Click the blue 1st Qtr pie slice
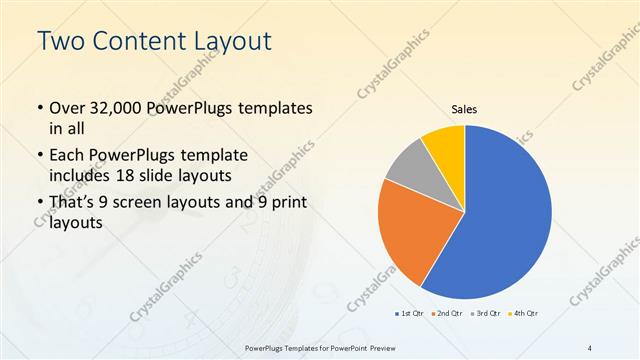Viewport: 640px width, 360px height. coord(505,215)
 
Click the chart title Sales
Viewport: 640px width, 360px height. coord(465,108)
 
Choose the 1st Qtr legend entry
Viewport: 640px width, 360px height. coord(409,314)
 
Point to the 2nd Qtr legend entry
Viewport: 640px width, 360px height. coord(446,314)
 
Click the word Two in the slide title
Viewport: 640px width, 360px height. coord(59,43)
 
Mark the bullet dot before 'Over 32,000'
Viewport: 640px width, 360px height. coord(39,108)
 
